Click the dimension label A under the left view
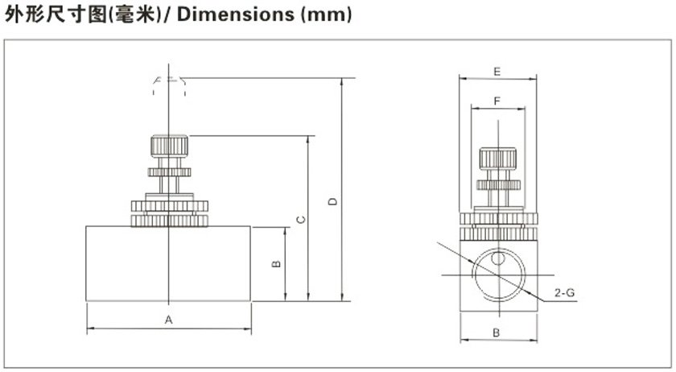(169, 320)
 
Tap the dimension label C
(299, 219)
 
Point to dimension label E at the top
(497, 72)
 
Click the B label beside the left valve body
(275, 263)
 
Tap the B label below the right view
(497, 332)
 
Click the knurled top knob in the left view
(169, 147)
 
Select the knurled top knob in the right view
(498, 158)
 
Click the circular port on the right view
(497, 276)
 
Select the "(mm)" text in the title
(326, 15)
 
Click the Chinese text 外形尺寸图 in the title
(56, 15)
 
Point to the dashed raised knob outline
(169, 85)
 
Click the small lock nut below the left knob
(169, 171)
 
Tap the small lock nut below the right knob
(498, 184)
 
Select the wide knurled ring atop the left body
(169, 213)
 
